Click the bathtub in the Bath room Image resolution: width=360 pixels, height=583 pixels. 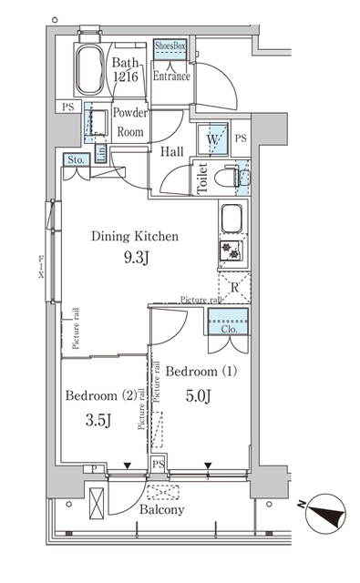[x=89, y=70]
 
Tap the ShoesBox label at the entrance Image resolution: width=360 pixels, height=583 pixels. [x=170, y=46]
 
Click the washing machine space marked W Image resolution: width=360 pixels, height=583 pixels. [x=212, y=140]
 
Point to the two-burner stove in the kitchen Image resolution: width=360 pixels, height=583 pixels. [x=231, y=251]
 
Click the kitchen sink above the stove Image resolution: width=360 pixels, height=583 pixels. [x=232, y=218]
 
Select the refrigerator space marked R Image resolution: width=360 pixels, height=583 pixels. [x=234, y=287]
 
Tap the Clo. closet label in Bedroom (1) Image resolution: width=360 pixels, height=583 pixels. [x=229, y=329]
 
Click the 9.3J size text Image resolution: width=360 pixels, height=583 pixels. [x=136, y=257]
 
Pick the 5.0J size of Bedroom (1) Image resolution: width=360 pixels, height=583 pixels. [x=199, y=396]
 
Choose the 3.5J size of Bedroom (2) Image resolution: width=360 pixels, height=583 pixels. [x=98, y=421]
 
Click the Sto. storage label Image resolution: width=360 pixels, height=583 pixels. [x=76, y=160]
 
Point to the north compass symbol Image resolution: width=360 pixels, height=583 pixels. [x=325, y=514]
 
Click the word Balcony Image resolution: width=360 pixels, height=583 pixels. [x=162, y=509]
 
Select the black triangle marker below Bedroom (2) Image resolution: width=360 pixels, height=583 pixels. [x=128, y=465]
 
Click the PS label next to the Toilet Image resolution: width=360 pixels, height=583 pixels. [x=241, y=138]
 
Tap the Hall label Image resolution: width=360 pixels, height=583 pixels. [x=172, y=151]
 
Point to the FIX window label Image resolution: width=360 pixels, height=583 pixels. [x=41, y=266]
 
